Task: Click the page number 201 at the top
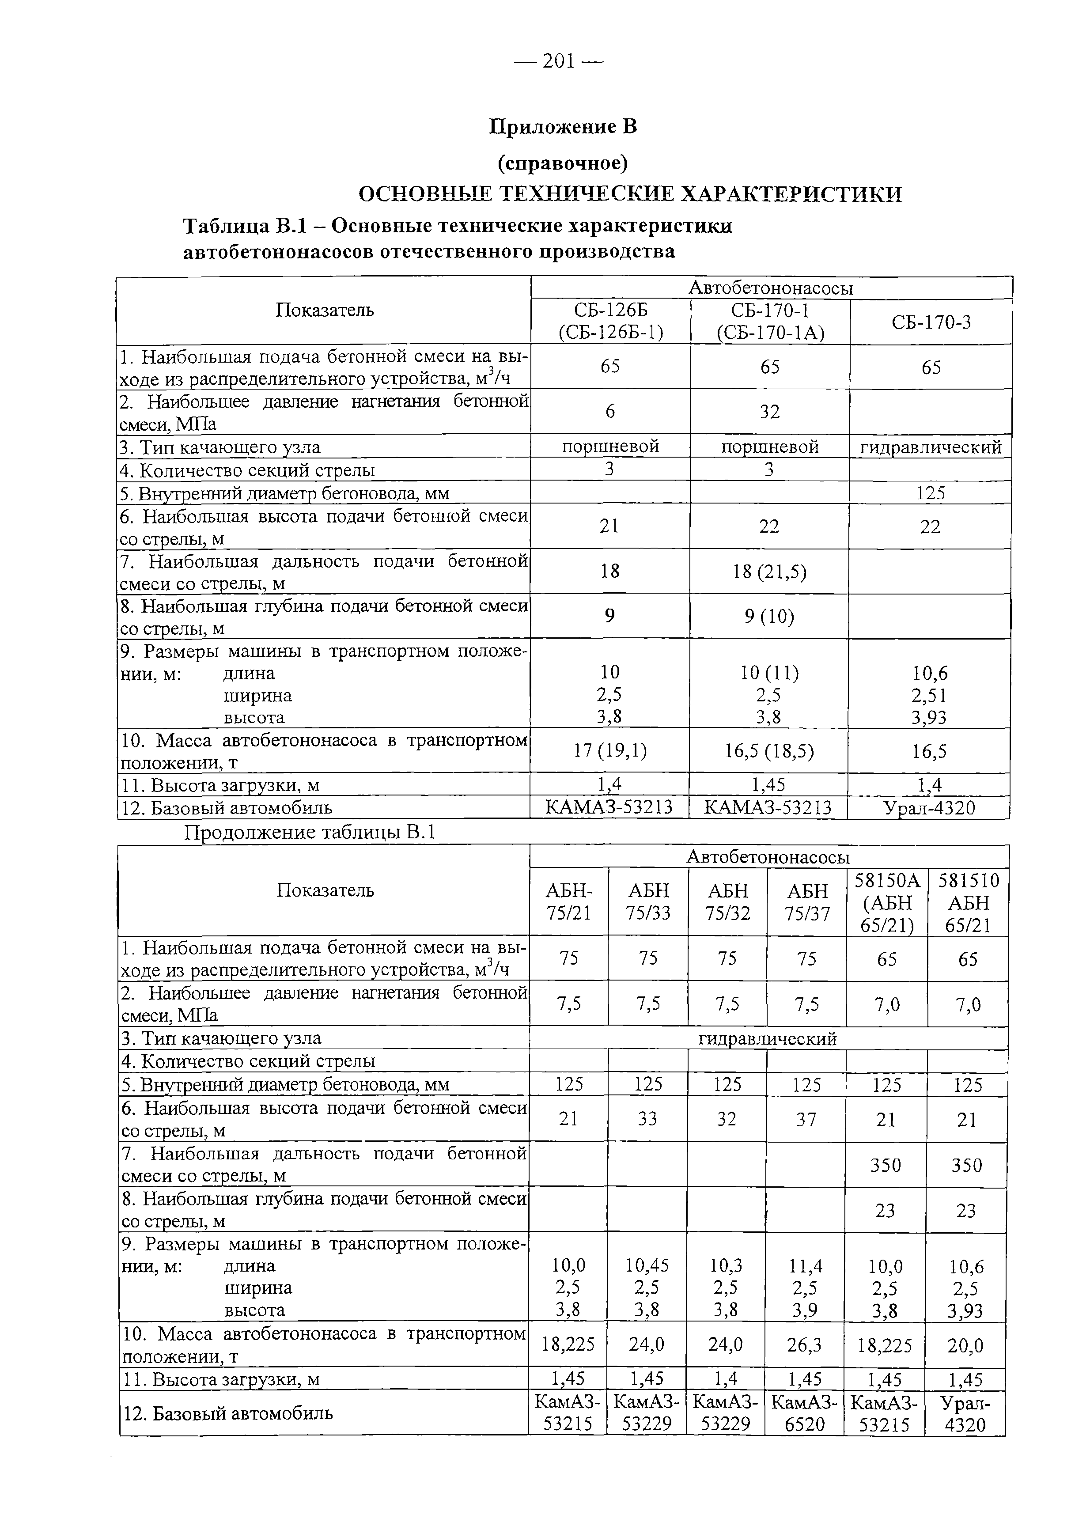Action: (x=558, y=62)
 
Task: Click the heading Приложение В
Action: (x=563, y=126)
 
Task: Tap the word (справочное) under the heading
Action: (x=563, y=163)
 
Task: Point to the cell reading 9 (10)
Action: (x=769, y=616)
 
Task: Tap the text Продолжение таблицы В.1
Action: (x=310, y=833)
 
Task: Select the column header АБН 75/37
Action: (x=807, y=902)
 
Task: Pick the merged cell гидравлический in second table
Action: (x=768, y=1039)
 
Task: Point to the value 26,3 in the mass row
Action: (x=806, y=1345)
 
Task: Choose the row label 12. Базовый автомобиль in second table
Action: (x=228, y=1413)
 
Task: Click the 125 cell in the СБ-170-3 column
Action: (x=931, y=493)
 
